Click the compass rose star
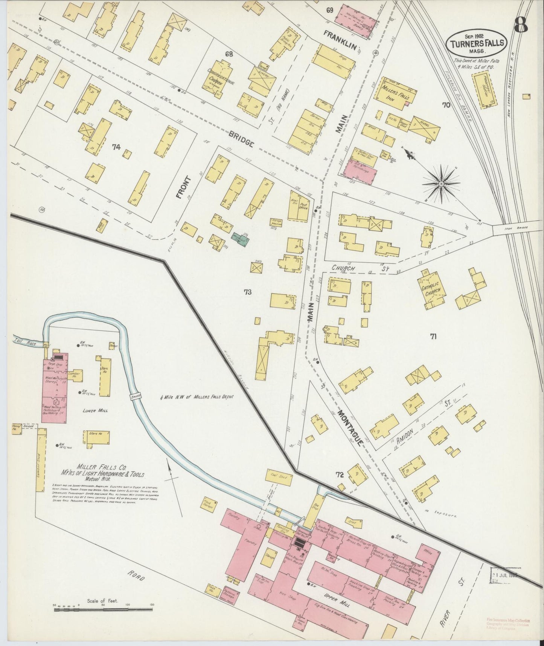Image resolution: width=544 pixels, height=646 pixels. [440, 184]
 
